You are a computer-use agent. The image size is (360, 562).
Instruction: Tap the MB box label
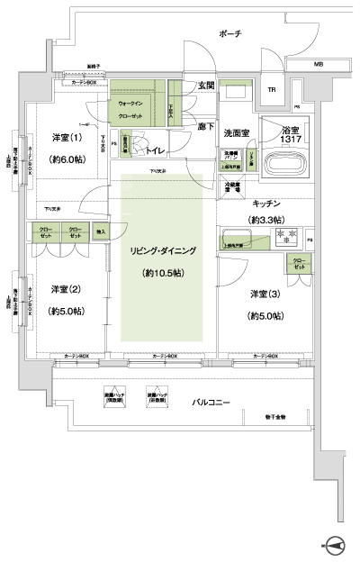318,65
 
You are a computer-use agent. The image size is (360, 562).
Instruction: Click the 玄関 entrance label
205,86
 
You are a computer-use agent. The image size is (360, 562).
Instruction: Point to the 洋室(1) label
62,137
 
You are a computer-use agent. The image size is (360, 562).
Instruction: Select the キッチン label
270,204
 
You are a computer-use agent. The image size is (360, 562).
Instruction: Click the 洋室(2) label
62,289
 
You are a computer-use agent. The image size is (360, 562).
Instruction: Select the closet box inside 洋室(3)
297,264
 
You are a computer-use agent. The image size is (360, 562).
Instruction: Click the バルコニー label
213,403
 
